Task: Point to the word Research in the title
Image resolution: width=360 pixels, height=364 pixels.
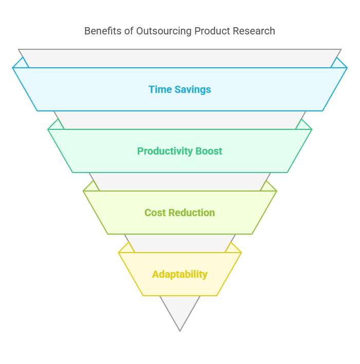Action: click(253, 31)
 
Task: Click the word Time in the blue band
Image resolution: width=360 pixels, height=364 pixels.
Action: click(160, 89)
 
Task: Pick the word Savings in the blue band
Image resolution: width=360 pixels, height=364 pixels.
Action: click(192, 89)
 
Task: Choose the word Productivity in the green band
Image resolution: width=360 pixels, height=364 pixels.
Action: click(163, 151)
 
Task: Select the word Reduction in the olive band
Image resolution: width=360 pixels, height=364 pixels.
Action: click(192, 213)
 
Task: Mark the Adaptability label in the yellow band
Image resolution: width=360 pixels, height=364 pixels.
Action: click(180, 274)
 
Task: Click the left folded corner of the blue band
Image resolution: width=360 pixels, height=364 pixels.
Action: click(21, 64)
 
